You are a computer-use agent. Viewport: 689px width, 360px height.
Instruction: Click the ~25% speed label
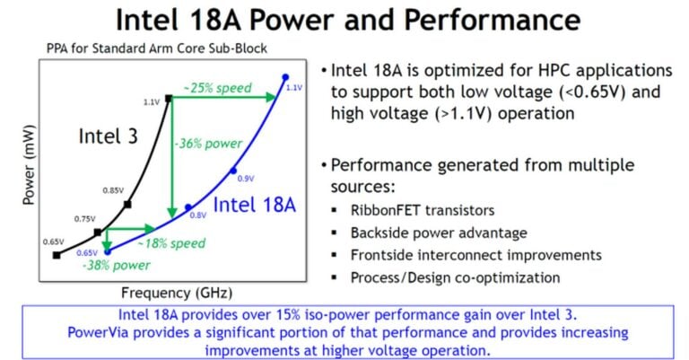pos(218,89)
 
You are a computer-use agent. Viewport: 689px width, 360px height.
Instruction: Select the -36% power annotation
pos(207,145)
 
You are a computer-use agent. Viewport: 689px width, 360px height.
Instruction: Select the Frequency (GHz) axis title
pos(166,292)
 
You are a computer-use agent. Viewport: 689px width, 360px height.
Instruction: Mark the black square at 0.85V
pos(127,205)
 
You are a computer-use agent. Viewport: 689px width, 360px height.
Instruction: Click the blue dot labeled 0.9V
pos(232,170)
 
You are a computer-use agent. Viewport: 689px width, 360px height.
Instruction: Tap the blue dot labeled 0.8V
pos(188,207)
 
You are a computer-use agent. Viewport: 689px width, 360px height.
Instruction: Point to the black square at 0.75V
pos(98,232)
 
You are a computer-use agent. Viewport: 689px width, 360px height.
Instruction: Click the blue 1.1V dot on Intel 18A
pos(285,76)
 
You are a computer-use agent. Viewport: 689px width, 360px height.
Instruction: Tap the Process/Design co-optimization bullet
pos(456,277)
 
